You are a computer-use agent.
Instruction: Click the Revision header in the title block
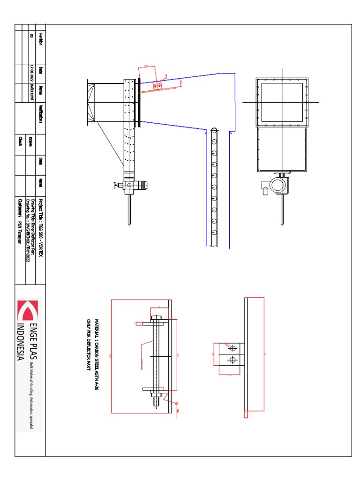coord(41,39)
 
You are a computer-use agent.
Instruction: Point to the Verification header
coord(41,113)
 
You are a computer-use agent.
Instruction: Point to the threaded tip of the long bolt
coord(157,400)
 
